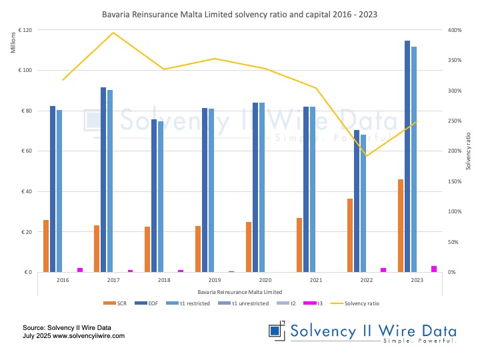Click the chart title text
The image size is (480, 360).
pyautogui.click(x=240, y=13)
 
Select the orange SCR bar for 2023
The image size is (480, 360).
pyautogui.click(x=401, y=225)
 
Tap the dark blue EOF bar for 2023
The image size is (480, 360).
pyautogui.click(x=407, y=157)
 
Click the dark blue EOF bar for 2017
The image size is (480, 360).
pyautogui.click(x=103, y=180)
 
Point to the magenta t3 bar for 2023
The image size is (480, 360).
pyautogui.click(x=434, y=269)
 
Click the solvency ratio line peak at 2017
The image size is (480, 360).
pyautogui.click(x=113, y=33)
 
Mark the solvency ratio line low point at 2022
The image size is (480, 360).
pyautogui.click(x=366, y=156)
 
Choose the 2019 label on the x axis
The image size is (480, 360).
pyautogui.click(x=215, y=281)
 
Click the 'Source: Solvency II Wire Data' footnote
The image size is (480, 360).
pyautogui.click(x=66, y=327)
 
